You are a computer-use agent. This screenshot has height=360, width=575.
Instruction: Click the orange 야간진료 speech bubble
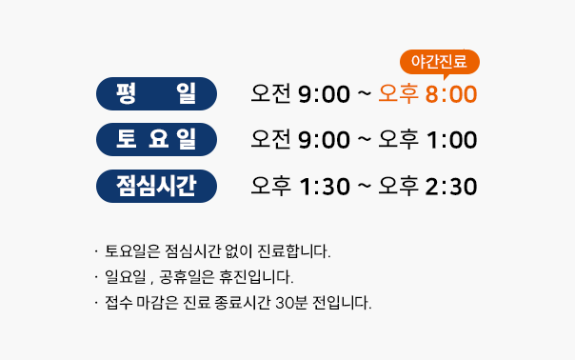tap(440, 62)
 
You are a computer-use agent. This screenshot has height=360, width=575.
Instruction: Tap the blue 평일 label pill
tap(156, 93)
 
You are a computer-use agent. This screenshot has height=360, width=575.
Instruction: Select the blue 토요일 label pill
tap(156, 139)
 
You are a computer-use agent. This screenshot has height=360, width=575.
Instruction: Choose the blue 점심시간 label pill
tap(156, 186)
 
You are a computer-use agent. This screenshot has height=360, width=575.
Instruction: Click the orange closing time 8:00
tap(451, 94)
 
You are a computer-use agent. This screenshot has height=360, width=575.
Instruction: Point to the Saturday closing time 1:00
tap(452, 140)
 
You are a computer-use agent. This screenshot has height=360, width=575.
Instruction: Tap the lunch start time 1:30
tap(325, 187)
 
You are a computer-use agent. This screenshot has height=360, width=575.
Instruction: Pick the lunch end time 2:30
tap(451, 187)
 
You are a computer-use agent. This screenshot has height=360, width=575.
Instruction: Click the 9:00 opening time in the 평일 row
tap(324, 94)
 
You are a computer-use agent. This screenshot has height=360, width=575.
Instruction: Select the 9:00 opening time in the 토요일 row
tap(324, 140)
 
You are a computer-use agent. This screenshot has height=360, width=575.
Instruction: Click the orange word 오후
tap(398, 93)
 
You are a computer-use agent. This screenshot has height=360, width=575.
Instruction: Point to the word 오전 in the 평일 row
tap(271, 93)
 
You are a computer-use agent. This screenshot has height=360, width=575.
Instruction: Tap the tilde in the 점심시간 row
tap(365, 186)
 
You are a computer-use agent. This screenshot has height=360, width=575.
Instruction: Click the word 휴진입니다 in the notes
tap(256, 277)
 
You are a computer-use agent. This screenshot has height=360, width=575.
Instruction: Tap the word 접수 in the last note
tap(118, 303)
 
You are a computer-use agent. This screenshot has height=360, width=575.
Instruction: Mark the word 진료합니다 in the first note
tap(294, 251)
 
